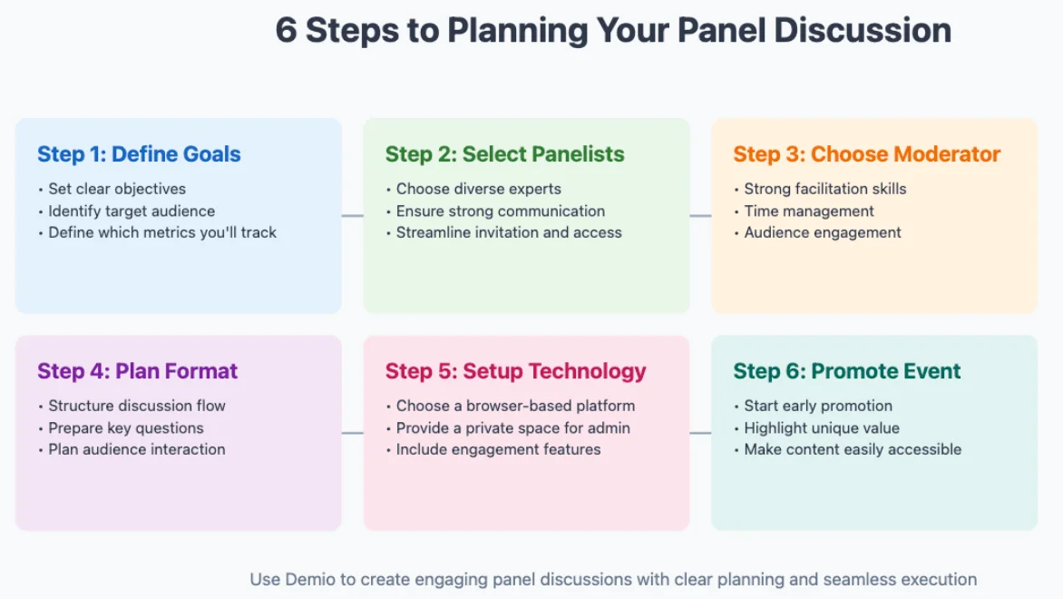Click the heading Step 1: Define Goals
click(x=139, y=154)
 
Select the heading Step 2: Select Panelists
click(x=504, y=154)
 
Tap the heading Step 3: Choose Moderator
click(x=866, y=154)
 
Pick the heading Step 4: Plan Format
click(x=137, y=371)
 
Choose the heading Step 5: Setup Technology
click(x=515, y=371)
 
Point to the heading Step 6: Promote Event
click(x=847, y=371)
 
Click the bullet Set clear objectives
click(x=117, y=189)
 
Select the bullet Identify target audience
click(x=132, y=211)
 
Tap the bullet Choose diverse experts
click(x=478, y=189)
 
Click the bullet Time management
click(x=809, y=211)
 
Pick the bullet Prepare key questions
click(x=126, y=427)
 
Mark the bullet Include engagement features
click(x=498, y=449)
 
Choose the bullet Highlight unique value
click(x=822, y=427)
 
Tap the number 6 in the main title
click(x=286, y=30)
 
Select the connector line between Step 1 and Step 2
click(x=352, y=215)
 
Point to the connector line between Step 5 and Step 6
click(x=700, y=433)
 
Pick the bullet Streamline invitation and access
click(x=509, y=232)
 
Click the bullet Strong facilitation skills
click(x=825, y=189)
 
